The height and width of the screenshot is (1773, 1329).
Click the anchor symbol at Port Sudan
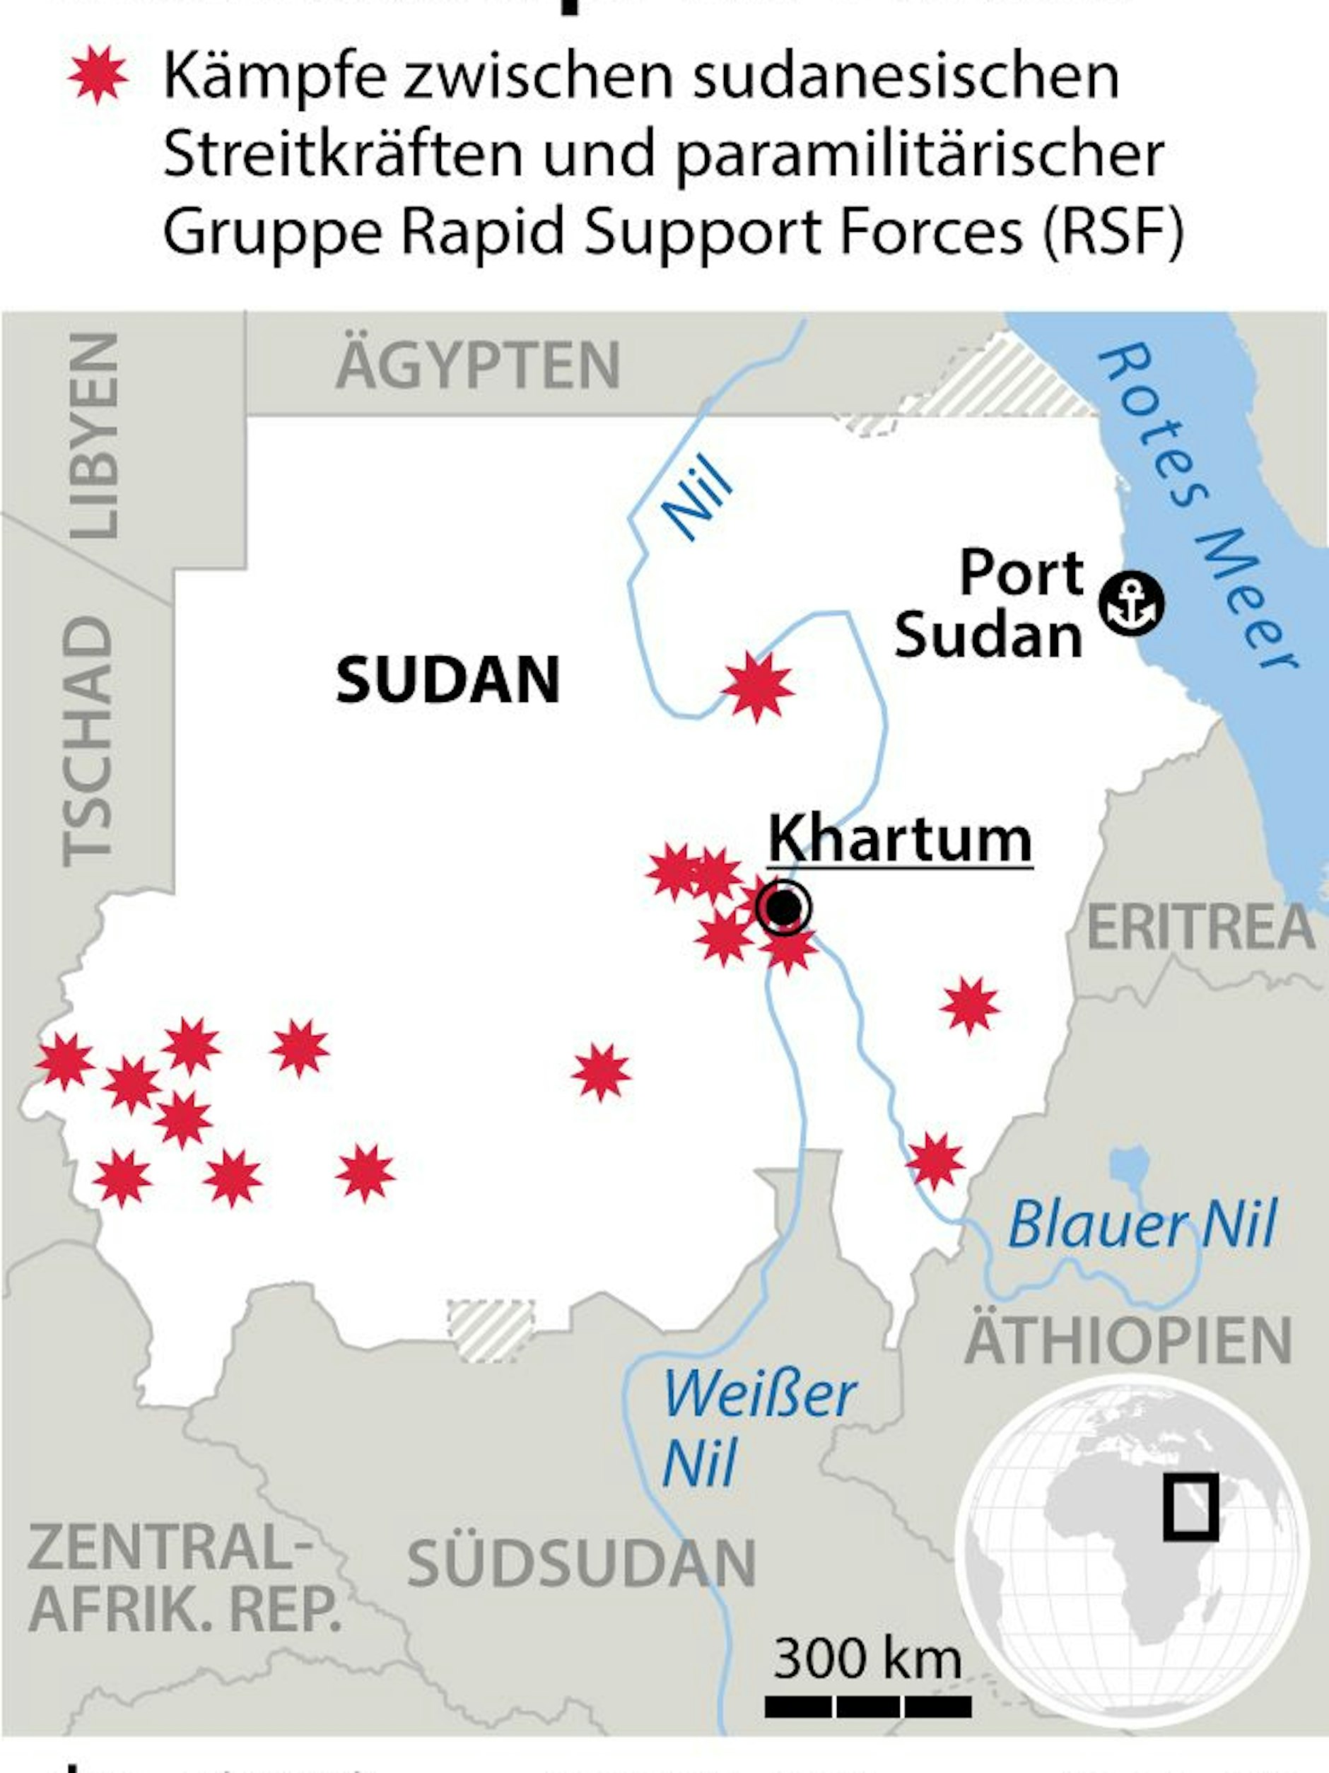tap(1131, 605)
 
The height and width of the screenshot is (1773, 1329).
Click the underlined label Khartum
tap(899, 839)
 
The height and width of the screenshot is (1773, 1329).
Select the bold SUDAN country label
tap(447, 679)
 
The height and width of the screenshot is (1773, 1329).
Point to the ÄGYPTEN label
tap(478, 365)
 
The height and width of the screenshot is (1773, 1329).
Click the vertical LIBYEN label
tap(95, 437)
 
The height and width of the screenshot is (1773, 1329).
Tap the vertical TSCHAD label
tap(88, 741)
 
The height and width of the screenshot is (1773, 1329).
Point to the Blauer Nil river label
tap(1142, 1224)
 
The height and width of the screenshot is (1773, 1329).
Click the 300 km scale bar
tap(867, 1707)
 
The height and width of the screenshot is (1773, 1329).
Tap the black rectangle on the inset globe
tap(1190, 1507)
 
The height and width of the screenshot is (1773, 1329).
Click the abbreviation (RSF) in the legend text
tap(1113, 232)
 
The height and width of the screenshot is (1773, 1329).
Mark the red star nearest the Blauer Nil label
tap(935, 1161)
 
